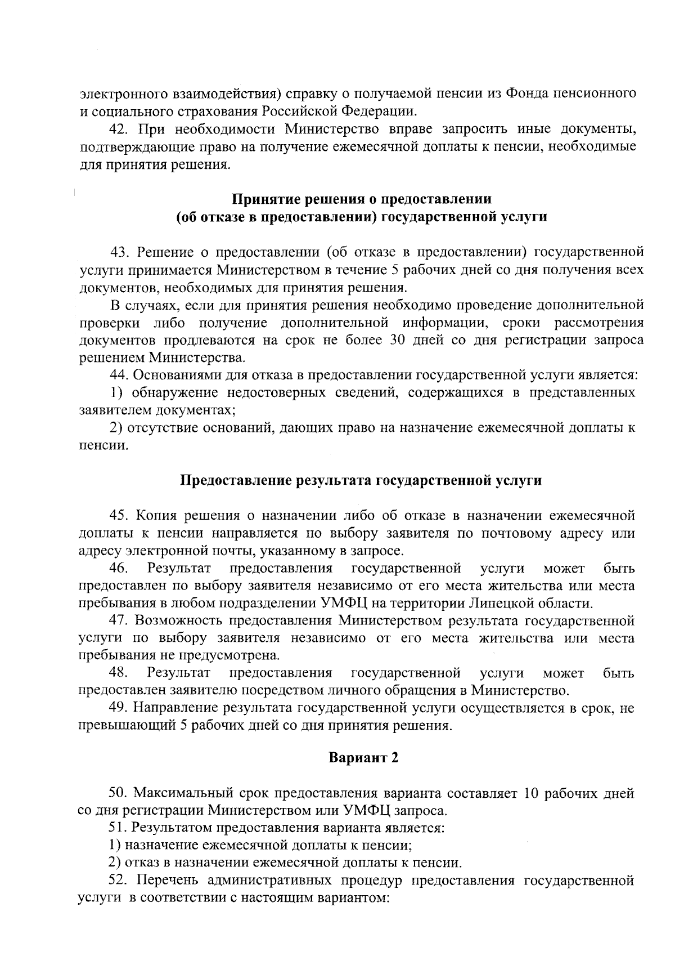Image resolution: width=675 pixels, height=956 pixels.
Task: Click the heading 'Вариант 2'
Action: click(x=363, y=758)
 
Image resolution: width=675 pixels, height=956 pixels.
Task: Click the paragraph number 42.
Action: click(x=118, y=129)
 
